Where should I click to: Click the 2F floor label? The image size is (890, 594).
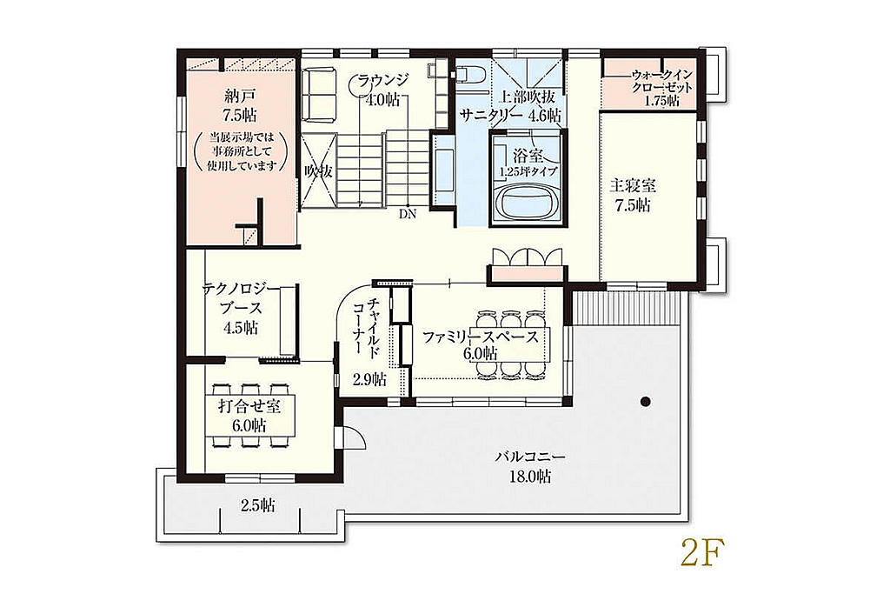(702, 552)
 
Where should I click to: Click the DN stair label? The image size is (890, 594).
(408, 214)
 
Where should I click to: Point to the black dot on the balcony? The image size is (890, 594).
(645, 402)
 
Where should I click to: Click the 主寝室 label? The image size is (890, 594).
(633, 185)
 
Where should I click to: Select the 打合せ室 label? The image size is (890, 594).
(249, 406)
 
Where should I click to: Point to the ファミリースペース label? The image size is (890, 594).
(480, 337)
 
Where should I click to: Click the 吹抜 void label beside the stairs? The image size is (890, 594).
(317, 171)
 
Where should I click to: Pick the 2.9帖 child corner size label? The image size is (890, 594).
(369, 379)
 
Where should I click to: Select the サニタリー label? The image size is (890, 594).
(489, 114)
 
